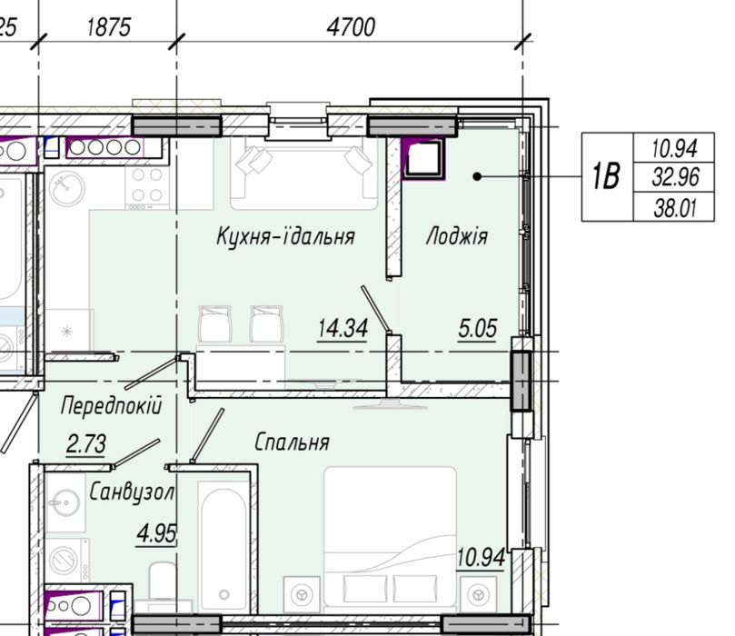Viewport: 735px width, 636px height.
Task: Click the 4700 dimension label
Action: (351, 27)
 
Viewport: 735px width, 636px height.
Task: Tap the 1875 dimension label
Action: (109, 27)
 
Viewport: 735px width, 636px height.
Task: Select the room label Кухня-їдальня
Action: (285, 236)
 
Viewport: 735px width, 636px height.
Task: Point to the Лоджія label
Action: (457, 236)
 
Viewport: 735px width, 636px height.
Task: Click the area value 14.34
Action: (343, 328)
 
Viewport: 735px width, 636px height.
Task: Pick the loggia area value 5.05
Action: (477, 328)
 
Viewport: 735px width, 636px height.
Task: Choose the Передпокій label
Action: (111, 405)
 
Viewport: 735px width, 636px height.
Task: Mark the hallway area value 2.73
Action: (86, 444)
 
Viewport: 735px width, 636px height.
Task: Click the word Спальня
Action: (292, 442)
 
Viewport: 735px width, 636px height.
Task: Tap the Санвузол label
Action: (132, 492)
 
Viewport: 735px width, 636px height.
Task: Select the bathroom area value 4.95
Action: (156, 534)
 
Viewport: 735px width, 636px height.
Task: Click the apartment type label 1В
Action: (606, 176)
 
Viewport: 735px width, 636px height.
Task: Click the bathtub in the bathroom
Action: (223, 547)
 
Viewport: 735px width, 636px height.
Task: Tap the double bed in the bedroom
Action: (390, 540)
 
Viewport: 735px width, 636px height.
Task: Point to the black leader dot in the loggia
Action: (477, 176)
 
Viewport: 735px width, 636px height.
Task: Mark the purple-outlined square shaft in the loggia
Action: (423, 158)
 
